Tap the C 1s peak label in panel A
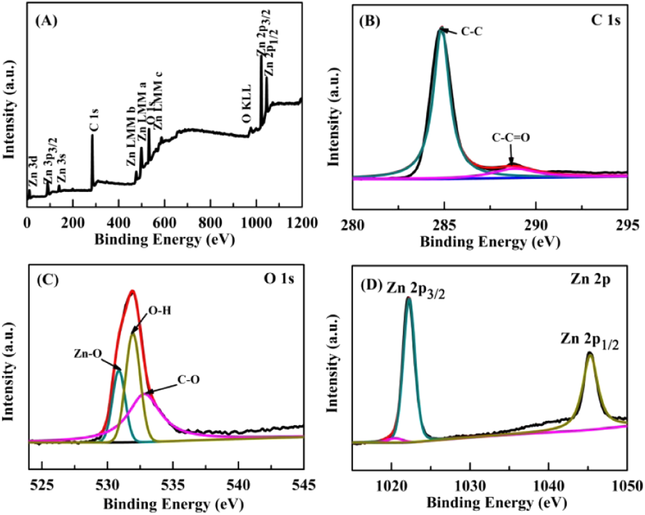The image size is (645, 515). [x=94, y=121]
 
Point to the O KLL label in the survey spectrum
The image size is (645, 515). [x=247, y=104]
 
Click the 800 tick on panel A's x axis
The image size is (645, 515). [x=210, y=223]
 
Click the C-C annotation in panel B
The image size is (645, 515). [x=471, y=32]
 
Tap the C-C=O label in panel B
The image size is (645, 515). [x=511, y=138]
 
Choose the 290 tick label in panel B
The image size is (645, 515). [x=536, y=225]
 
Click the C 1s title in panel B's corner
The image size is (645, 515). [x=606, y=21]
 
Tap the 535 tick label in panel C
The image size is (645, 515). [x=173, y=485]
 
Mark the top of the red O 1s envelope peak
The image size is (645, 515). [x=133, y=292]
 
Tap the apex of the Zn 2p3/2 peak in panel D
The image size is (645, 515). [x=409, y=298]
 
